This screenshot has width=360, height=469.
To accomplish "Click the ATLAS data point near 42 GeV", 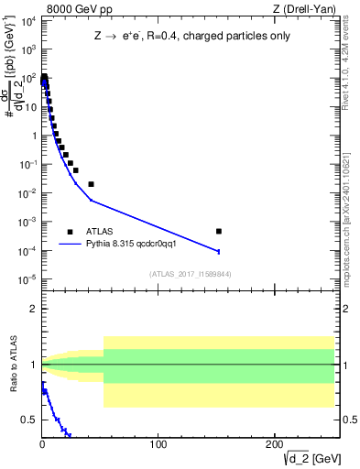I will (x=91, y=184).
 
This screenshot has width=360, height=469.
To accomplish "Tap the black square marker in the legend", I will (x=70, y=232).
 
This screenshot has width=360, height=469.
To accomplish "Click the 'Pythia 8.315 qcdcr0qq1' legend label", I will (x=131, y=244).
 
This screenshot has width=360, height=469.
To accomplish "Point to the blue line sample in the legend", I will (x=70, y=244).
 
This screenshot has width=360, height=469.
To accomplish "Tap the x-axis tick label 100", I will (x=158, y=444).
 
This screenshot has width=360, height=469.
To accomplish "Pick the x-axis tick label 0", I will (x=42, y=444).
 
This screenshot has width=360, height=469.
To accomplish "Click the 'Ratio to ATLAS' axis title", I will (x=11, y=365).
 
